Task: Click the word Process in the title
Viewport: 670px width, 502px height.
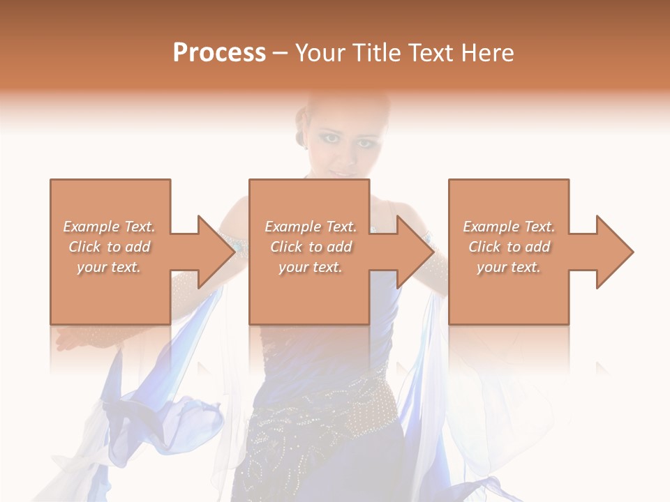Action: click(x=219, y=53)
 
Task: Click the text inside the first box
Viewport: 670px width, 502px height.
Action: click(x=110, y=247)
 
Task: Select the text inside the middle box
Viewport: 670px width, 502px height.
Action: click(x=311, y=247)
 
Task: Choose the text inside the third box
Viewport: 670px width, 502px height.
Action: click(x=509, y=247)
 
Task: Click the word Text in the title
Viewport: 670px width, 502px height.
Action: click(x=433, y=53)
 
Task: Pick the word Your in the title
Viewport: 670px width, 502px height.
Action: click(x=319, y=53)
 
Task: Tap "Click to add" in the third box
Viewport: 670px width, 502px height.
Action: click(x=509, y=247)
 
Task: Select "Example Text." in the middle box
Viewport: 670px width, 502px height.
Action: click(x=311, y=227)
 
